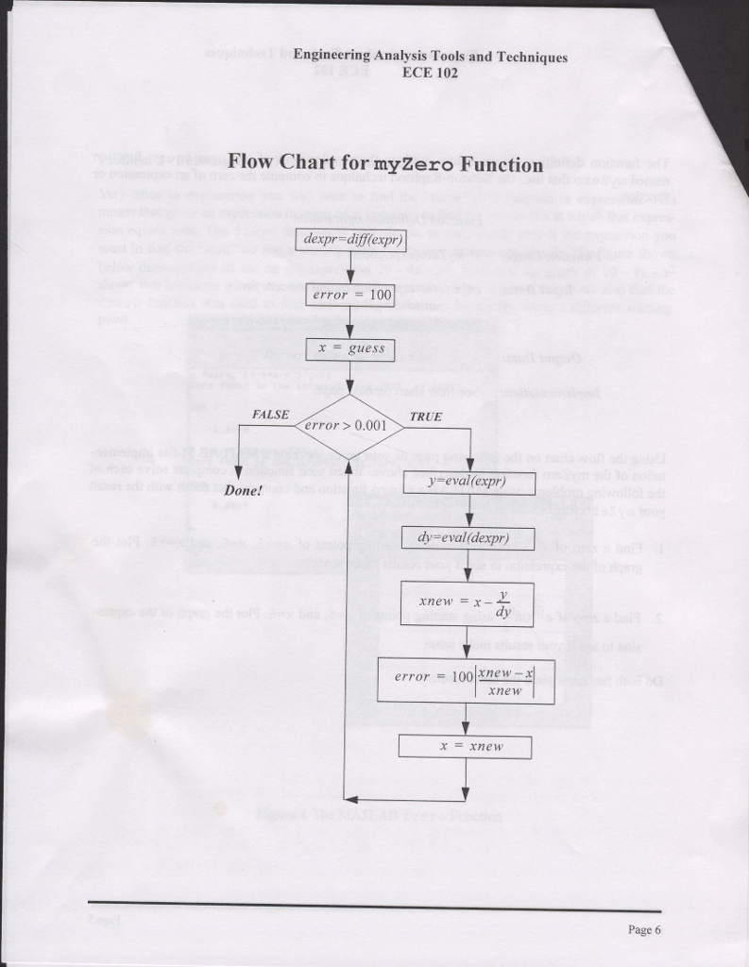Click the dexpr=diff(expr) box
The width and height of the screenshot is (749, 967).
tap(349, 240)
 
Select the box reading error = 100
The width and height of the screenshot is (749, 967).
tap(349, 295)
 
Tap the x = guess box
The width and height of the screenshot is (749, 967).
tap(349, 348)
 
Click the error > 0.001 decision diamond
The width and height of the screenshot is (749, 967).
tap(349, 426)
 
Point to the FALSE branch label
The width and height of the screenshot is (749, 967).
tap(271, 415)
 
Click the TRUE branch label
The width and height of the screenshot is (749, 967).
tap(425, 416)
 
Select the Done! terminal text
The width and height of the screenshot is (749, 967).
tap(243, 491)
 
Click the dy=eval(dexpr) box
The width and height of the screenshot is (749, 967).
tap(468, 538)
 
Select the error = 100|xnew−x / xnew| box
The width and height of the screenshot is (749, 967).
tap(466, 679)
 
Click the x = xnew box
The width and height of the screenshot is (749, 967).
tap(466, 746)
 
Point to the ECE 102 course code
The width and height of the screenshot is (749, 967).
tap(430, 72)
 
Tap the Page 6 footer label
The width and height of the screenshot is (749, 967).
tap(644, 930)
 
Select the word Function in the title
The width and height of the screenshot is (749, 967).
tap(502, 163)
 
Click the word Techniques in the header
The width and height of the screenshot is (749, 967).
tap(532, 57)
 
